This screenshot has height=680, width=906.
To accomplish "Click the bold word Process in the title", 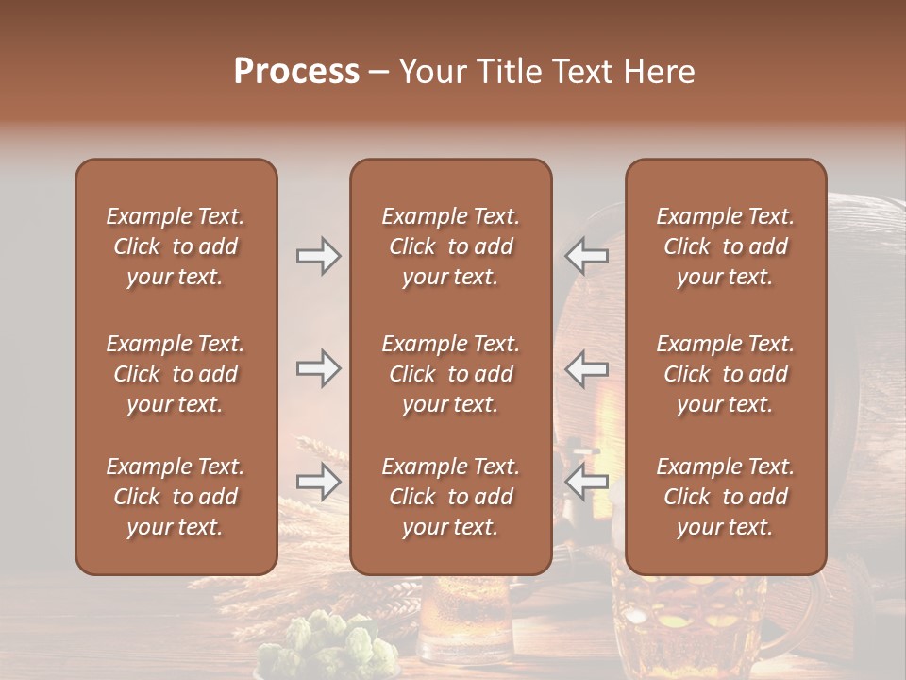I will pyautogui.click(x=296, y=72).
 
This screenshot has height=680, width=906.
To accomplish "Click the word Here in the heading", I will pyautogui.click(x=658, y=72).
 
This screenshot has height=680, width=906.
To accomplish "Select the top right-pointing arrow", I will pyautogui.click(x=318, y=256).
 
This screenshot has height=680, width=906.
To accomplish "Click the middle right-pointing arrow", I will pyautogui.click(x=318, y=368).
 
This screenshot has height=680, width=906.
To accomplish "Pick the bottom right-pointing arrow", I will pyautogui.click(x=318, y=482).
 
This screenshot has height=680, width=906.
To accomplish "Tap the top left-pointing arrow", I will pyautogui.click(x=586, y=256).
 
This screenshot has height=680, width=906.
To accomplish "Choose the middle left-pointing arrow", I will pyautogui.click(x=586, y=368).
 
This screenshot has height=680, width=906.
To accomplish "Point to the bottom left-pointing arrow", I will pyautogui.click(x=586, y=482).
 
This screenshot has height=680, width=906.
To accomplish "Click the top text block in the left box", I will pyautogui.click(x=176, y=246).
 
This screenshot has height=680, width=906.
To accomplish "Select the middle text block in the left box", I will pyautogui.click(x=176, y=374).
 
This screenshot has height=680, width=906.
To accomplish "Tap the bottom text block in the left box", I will pyautogui.click(x=176, y=497).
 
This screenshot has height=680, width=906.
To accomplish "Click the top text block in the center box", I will pyautogui.click(x=450, y=246).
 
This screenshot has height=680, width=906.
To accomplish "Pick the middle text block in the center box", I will pyautogui.click(x=450, y=374).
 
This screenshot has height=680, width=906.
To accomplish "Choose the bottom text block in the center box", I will pyautogui.click(x=450, y=497).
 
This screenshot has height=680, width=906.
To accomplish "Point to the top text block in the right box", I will pyautogui.click(x=725, y=246).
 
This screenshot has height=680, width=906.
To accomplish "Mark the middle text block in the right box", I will pyautogui.click(x=725, y=374).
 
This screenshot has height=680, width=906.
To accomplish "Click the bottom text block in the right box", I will pyautogui.click(x=725, y=497).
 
